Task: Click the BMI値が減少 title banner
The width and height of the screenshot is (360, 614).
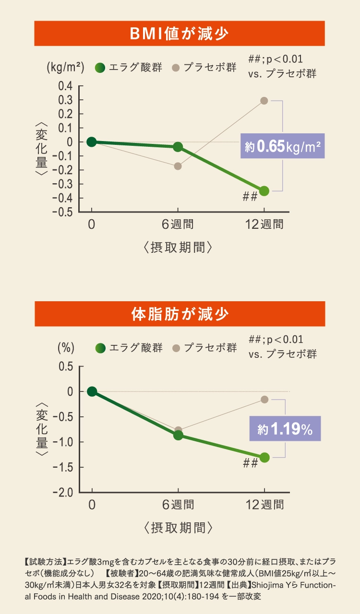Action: click(x=180, y=34)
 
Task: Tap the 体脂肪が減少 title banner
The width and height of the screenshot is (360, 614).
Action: click(x=180, y=314)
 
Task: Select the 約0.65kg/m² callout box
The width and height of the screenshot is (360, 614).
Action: click(x=283, y=146)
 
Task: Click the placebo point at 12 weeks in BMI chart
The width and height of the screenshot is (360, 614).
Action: click(x=264, y=101)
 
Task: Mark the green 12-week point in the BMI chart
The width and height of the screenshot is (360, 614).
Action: click(x=264, y=191)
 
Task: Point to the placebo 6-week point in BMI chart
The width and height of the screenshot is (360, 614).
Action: click(x=178, y=166)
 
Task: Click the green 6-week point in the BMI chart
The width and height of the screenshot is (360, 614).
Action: click(x=178, y=146)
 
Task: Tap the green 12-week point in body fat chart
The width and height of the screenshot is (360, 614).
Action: click(x=264, y=457)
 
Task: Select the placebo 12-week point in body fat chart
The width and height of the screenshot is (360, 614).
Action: click(x=264, y=399)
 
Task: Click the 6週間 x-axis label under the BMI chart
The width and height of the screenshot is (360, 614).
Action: click(x=178, y=224)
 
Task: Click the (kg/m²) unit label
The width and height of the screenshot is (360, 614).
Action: click(x=66, y=68)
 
